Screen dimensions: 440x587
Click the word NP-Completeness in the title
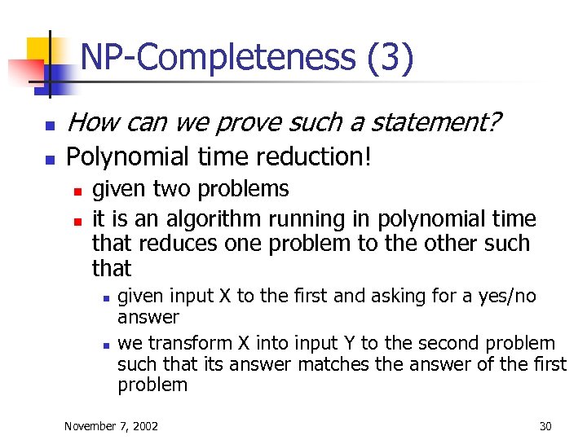click(218, 59)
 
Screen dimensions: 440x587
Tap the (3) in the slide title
click(390, 59)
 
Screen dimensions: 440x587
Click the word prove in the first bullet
click(240, 123)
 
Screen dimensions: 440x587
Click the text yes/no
click(507, 296)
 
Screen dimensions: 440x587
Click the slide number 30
click(545, 425)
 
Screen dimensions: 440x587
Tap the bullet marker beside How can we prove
click(48, 126)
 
